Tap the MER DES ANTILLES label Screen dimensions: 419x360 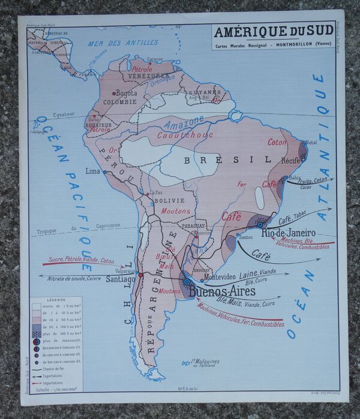point(123,43)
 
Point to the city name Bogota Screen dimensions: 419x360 point(126,93)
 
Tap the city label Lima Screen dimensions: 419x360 point(93,171)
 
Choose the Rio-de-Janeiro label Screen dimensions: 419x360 point(293,232)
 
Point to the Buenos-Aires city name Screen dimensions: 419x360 point(223,292)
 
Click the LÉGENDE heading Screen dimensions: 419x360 point(57,299)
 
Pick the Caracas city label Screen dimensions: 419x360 point(155,59)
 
